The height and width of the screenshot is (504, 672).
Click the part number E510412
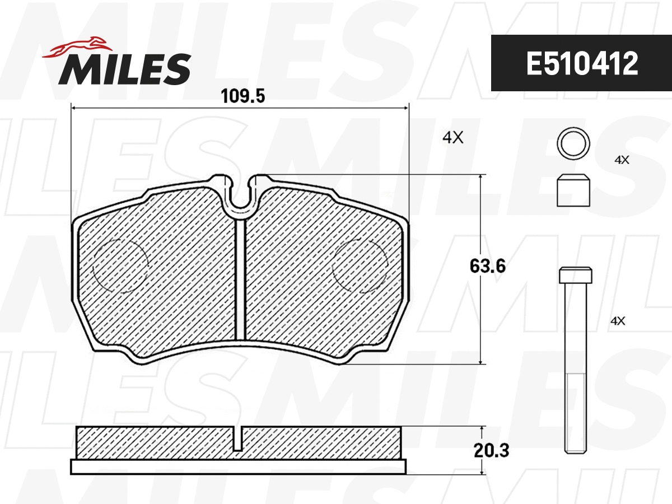click(x=582, y=63)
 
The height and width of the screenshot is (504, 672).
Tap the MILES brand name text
click(x=125, y=69)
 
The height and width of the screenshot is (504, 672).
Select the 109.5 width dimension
click(x=242, y=96)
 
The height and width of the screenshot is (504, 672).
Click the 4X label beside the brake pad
click(x=452, y=138)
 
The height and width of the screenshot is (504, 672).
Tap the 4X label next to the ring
click(x=622, y=160)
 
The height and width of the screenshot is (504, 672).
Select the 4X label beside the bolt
click(x=617, y=321)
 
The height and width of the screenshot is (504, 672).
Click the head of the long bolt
click(x=575, y=275)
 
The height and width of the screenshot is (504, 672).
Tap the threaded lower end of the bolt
click(x=575, y=414)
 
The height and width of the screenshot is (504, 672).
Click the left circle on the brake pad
click(x=120, y=265)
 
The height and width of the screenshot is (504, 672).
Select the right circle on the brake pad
click(x=360, y=265)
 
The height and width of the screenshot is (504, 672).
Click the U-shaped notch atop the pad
click(x=240, y=196)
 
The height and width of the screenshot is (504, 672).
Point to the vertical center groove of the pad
click(x=240, y=280)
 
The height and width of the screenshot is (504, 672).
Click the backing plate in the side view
click(x=238, y=467)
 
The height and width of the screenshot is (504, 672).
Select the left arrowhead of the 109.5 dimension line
click(x=73, y=108)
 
